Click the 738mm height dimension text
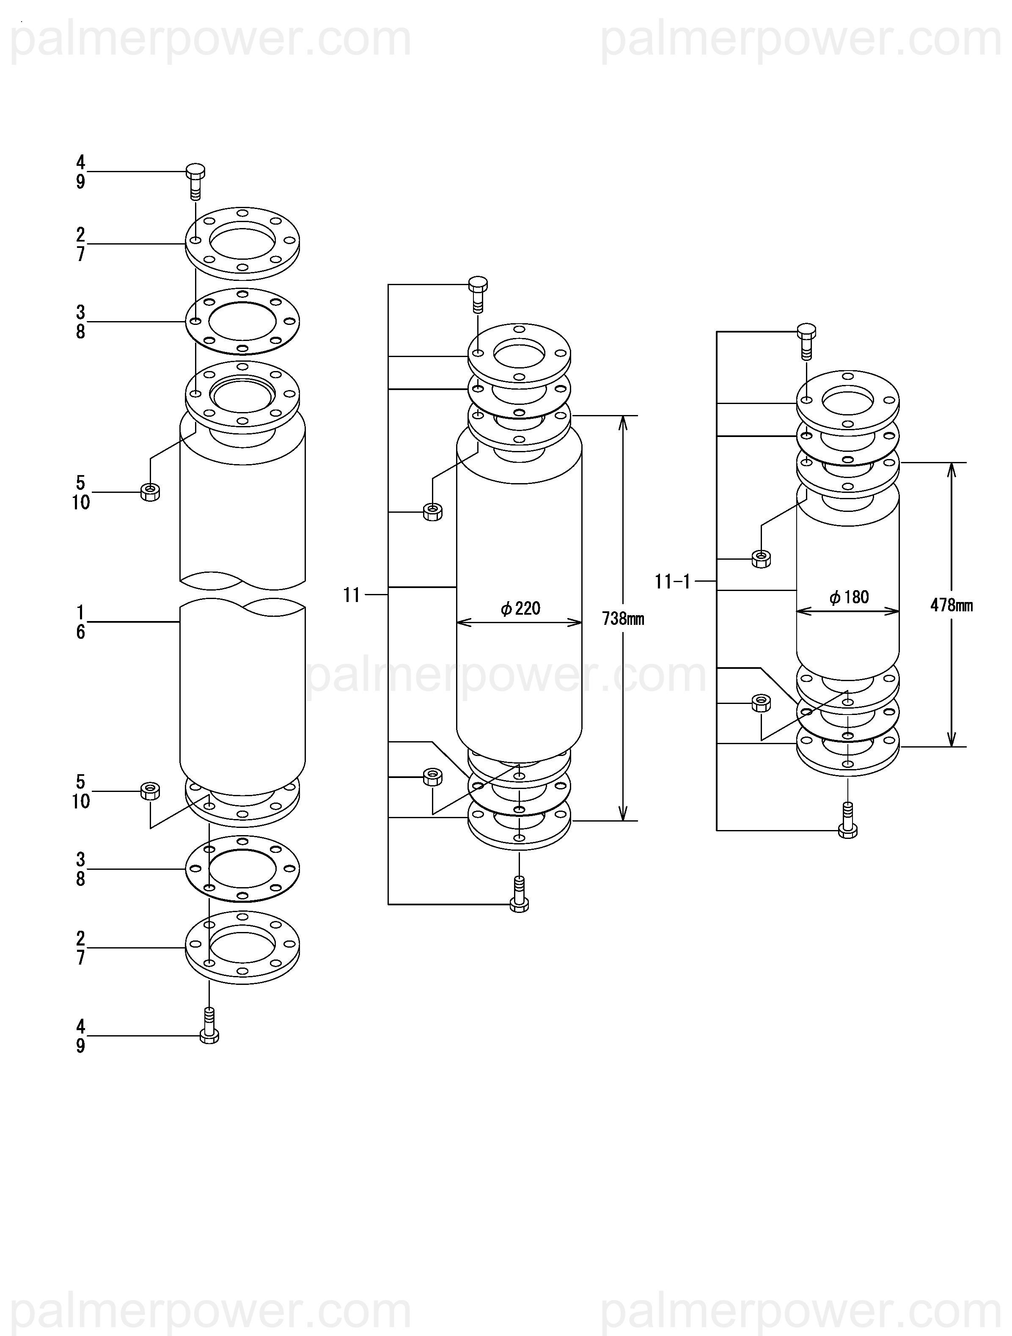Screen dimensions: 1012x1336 [623, 619]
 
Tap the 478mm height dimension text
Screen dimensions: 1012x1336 [951, 605]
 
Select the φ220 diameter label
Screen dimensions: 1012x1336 [520, 608]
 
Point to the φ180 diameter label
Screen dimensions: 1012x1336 [849, 597]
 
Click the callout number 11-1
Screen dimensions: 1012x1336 [672, 582]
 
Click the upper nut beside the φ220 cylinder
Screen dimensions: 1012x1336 [432, 511]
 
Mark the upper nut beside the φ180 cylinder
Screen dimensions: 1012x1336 [761, 559]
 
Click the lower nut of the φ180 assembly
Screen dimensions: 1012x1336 [761, 703]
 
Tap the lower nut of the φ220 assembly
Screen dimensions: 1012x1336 [432, 776]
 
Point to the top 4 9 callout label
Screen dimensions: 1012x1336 [80, 171]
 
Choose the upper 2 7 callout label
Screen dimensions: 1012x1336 [80, 244]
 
